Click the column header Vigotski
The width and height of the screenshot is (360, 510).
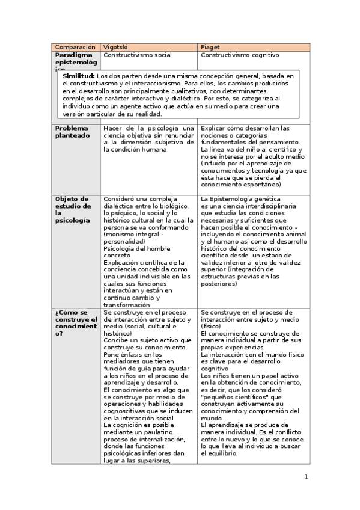(x=116, y=46)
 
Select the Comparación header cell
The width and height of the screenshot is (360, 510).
(x=75, y=46)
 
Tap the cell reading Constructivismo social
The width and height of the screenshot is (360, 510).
(x=138, y=55)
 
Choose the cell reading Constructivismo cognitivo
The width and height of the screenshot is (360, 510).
(x=240, y=55)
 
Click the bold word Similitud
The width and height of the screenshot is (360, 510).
(x=79, y=76)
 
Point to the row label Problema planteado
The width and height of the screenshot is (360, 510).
(x=72, y=132)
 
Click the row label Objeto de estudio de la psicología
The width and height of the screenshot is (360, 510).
(x=72, y=209)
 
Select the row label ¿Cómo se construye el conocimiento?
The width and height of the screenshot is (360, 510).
(x=76, y=323)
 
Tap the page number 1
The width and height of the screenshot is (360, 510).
(x=306, y=478)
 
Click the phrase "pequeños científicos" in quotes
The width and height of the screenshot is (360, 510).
(x=235, y=397)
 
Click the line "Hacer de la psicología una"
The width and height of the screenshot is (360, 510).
(x=148, y=128)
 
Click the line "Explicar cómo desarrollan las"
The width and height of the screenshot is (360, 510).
(x=245, y=128)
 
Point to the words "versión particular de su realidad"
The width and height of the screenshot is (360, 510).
(x=112, y=114)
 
